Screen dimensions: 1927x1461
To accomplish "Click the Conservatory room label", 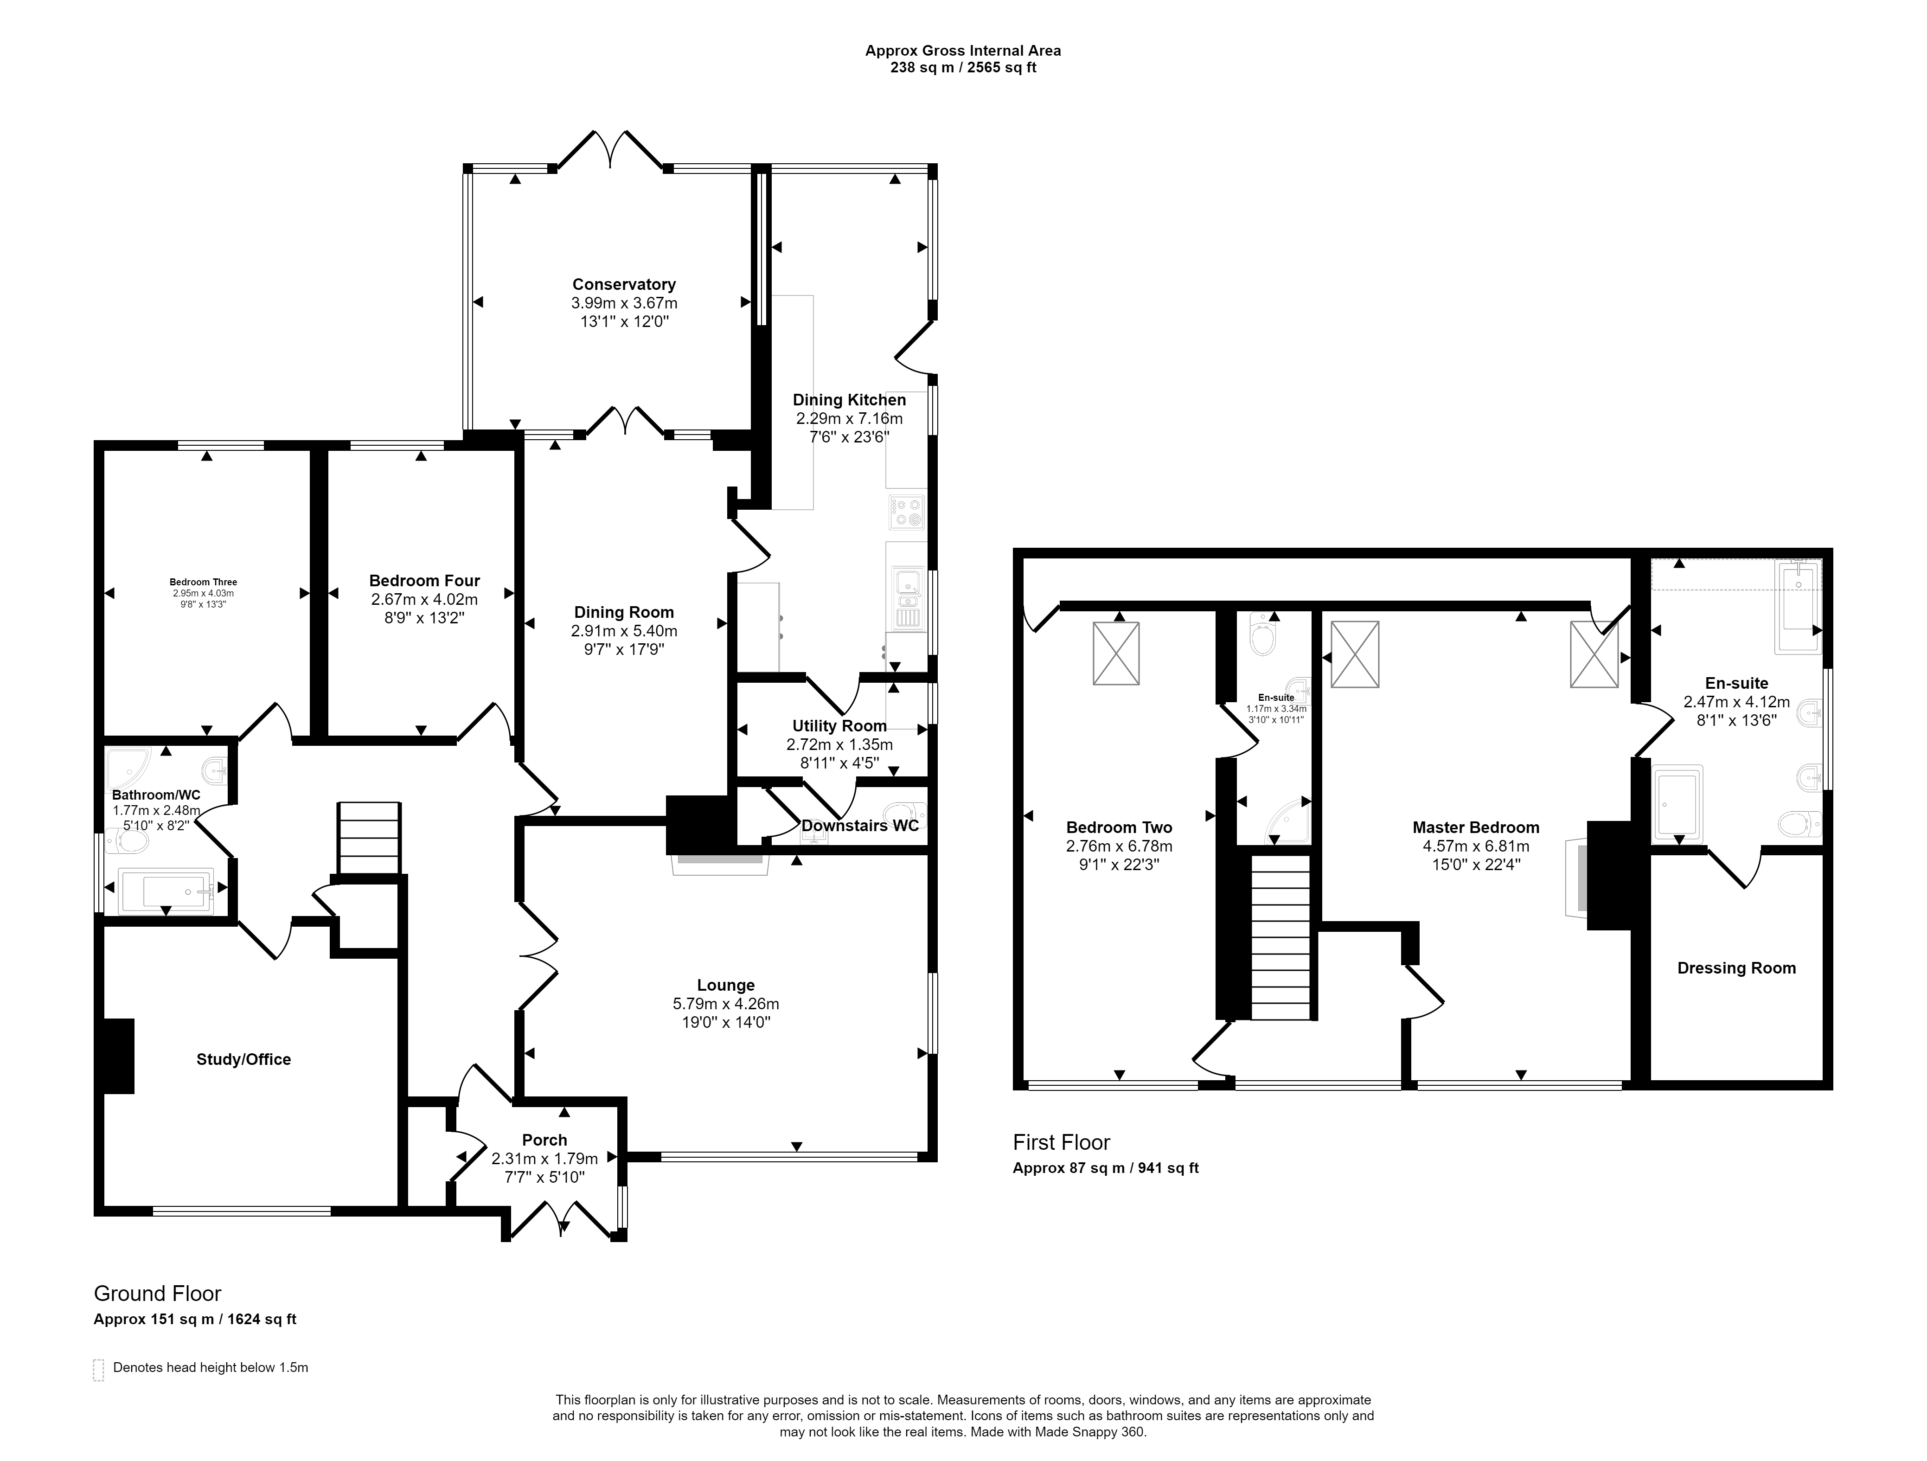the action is [x=624, y=284].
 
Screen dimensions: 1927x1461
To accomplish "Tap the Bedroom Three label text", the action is [x=203, y=582].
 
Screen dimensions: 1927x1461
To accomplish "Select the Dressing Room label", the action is [x=1736, y=968].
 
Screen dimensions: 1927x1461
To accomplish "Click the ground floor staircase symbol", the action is [x=369, y=838].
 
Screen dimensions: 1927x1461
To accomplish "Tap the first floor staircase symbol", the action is [x=1281, y=936].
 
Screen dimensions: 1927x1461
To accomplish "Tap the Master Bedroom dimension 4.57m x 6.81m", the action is [x=1476, y=846].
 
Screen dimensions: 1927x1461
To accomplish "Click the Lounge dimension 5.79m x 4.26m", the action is [x=726, y=1004].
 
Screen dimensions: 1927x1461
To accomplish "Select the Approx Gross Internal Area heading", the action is [x=963, y=51].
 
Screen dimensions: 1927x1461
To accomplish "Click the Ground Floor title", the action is [x=158, y=1294].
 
